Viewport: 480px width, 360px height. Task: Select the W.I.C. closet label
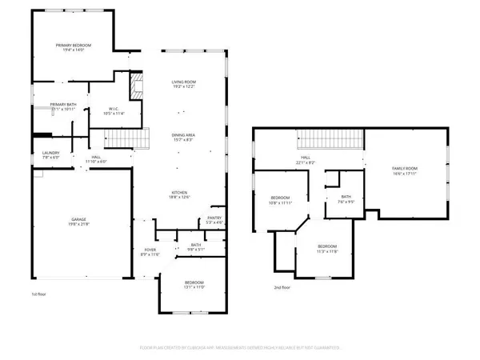point(103,109)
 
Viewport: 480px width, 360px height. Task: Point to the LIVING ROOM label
point(184,82)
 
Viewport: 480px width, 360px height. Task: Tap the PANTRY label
point(214,218)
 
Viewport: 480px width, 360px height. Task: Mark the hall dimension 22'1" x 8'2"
point(306,162)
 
